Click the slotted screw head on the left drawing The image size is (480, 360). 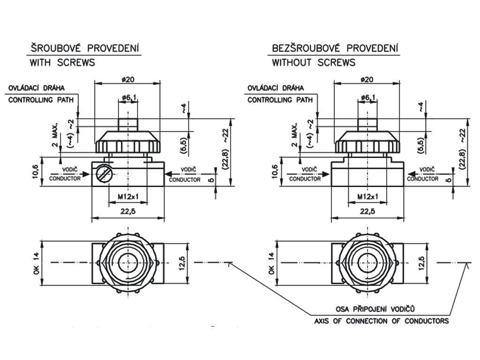tap(103, 174)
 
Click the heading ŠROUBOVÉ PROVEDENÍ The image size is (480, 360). tap(84, 48)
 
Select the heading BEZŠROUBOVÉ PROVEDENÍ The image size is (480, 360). tap(335, 48)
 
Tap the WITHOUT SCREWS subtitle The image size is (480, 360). tap(314, 63)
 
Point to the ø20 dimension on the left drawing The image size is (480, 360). tap(128, 80)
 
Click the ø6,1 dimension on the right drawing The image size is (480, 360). tap(368, 98)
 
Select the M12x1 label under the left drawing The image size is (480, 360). tap(128, 196)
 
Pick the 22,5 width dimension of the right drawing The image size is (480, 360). tap(367, 211)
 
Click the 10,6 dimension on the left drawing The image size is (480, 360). tap(36, 172)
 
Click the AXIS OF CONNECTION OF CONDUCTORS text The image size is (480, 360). tap(382, 321)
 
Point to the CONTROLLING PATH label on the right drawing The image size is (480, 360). tap(280, 100)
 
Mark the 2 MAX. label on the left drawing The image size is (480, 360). tap(55, 135)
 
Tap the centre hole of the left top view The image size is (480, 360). tap(128, 263)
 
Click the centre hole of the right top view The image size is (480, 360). tap(367, 263)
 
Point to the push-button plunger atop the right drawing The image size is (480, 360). tap(367, 125)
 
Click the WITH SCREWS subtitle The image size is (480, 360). tap(62, 63)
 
